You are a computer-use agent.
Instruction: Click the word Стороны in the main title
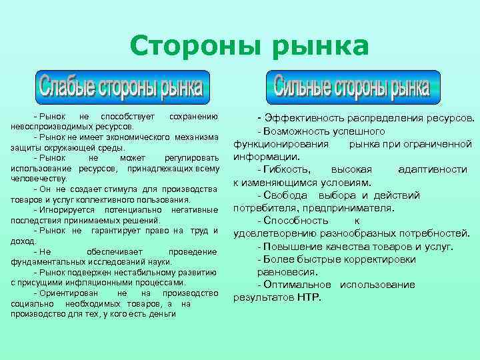coord(183,46)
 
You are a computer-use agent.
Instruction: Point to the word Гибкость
coord(287,169)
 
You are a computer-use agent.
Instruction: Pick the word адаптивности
coord(432,169)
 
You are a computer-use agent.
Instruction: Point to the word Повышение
coord(293,247)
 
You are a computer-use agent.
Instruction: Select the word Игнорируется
coord(69,210)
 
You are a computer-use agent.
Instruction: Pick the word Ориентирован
coord(69,293)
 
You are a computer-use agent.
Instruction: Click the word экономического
coord(138,137)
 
